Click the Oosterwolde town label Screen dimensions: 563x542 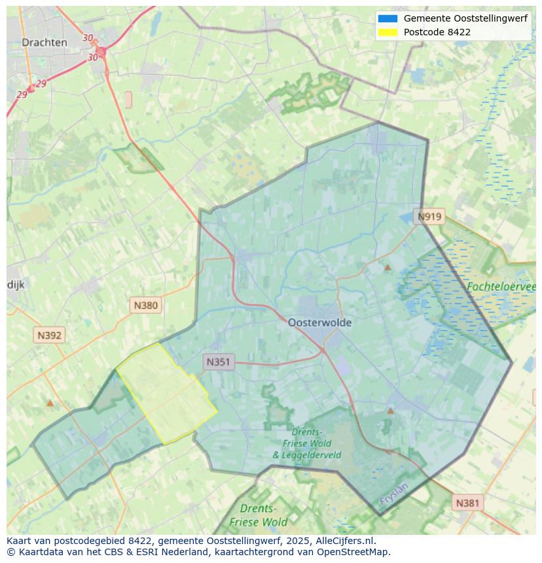click(319, 322)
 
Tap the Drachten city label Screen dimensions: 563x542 click(45, 43)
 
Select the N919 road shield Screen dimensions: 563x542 click(430, 217)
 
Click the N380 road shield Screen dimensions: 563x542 click(145, 305)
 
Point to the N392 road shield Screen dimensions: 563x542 click(49, 335)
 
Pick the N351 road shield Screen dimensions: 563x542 click(219, 362)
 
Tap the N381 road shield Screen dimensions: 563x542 click(467, 503)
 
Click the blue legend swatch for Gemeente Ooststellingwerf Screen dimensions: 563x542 click(388, 19)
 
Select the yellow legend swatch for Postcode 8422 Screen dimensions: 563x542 click(388, 32)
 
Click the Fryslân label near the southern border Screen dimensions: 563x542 click(393, 494)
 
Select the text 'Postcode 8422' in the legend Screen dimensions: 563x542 click(437, 32)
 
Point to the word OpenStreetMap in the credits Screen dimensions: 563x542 click(353, 552)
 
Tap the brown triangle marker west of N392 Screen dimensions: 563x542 click(50, 403)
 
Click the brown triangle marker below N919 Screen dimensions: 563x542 click(388, 267)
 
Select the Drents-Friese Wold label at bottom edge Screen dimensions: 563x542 click(259, 515)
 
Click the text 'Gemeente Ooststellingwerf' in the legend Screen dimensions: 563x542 click(465, 19)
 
